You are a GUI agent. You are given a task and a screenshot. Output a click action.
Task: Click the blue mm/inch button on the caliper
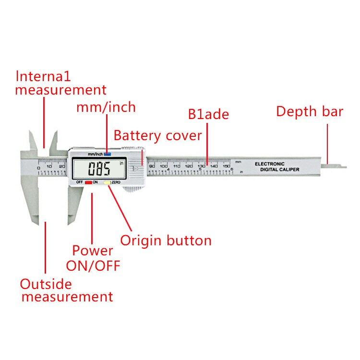point(107,155)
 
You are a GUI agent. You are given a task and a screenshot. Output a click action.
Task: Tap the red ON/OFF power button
point(88,183)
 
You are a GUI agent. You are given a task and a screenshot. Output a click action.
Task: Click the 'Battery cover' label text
point(157,136)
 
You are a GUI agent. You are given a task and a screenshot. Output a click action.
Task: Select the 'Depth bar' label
point(309,112)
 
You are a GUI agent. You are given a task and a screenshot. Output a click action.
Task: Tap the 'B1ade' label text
point(208,115)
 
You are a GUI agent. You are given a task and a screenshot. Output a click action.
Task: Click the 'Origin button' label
point(166,240)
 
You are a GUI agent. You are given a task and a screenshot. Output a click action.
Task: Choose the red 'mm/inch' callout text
point(106,107)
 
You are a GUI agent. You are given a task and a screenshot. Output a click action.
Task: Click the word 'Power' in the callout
point(93,251)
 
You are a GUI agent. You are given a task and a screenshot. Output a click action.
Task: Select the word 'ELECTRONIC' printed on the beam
point(269,164)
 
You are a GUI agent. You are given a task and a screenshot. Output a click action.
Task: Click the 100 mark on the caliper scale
point(164,166)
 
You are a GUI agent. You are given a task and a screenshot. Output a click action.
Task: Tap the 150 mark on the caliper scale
point(227,166)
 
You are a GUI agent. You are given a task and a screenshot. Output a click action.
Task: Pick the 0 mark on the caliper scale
point(38,168)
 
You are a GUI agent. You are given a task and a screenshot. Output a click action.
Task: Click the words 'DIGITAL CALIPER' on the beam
point(279,170)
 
